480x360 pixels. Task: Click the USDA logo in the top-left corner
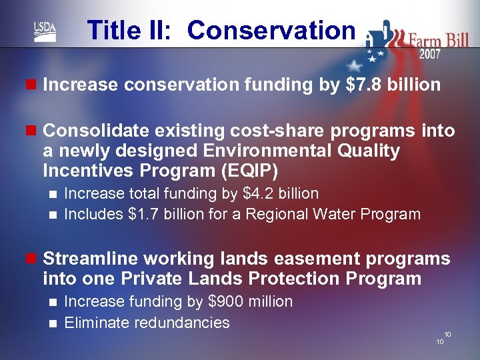(x=45, y=31)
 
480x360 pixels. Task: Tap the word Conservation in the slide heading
(x=271, y=31)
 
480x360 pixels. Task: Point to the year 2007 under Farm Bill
(x=429, y=55)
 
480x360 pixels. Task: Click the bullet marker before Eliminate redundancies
(x=54, y=323)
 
